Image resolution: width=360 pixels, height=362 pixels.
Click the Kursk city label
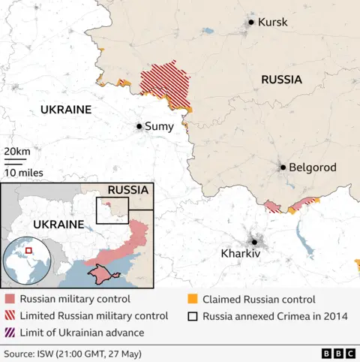[x=272, y=23]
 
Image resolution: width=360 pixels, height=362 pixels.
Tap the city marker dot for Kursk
[x=251, y=23]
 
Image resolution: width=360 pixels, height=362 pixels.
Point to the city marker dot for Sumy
[x=139, y=127]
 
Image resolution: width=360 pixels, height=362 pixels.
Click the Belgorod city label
[x=313, y=167]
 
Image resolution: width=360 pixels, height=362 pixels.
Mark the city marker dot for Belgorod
[x=283, y=167]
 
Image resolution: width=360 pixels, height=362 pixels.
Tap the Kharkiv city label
[x=240, y=254]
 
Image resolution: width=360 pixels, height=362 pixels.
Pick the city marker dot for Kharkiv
[x=254, y=241]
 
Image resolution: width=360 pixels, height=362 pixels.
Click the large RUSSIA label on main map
[x=281, y=80]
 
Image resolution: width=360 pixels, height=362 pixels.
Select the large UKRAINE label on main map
[x=65, y=110]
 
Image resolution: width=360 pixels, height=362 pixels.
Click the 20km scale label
[x=17, y=152]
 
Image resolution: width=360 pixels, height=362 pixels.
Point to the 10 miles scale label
[x=23, y=173]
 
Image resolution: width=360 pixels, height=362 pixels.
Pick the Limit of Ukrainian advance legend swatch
[x=10, y=332]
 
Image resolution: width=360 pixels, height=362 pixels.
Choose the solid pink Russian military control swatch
[x=10, y=299]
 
